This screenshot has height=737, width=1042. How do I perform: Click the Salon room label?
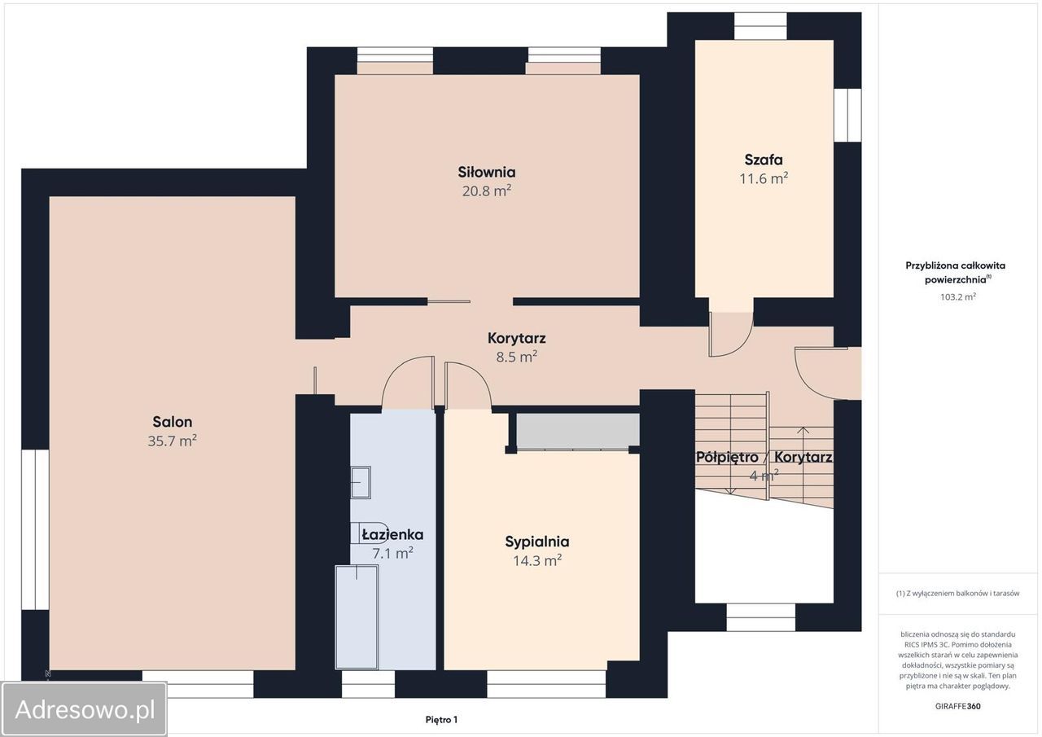point(172,422)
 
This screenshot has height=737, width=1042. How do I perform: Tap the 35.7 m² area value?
point(172,440)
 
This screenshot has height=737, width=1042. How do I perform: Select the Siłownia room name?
point(487,172)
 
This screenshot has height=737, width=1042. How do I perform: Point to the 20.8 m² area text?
point(487,191)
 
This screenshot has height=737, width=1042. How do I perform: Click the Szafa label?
point(764,160)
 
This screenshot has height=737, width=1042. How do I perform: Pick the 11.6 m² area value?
point(764,178)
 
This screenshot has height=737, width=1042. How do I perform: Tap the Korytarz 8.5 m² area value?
point(516,357)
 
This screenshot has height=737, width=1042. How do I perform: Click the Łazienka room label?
point(392,534)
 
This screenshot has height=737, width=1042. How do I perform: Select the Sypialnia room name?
point(537,542)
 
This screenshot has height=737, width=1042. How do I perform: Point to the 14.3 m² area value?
point(537,560)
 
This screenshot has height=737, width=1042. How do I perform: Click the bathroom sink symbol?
point(361,482)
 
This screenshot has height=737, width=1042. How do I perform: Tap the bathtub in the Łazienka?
point(357,617)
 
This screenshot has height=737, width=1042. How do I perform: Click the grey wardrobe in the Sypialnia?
point(578,432)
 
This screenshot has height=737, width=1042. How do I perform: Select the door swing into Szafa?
point(731,334)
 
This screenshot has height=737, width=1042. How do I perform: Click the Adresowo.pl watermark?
point(85,709)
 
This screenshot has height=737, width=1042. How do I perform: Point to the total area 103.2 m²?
point(958,296)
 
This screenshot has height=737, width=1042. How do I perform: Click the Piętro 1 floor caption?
point(441,720)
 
